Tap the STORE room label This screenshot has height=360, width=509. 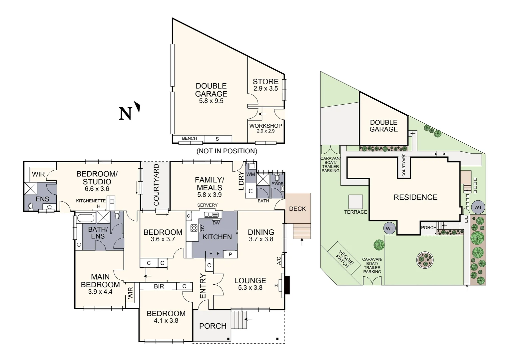(265, 82)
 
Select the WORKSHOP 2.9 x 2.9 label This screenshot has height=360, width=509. (265, 128)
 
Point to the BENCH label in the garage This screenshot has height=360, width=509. (189, 138)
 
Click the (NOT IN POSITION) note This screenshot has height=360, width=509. (227, 151)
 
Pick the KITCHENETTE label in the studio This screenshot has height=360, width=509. (91, 201)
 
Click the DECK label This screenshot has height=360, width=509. (297, 209)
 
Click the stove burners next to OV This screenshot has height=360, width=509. (194, 228)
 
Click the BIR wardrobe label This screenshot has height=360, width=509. (159, 286)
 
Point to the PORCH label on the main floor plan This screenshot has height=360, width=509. (213, 326)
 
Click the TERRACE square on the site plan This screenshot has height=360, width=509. (355, 202)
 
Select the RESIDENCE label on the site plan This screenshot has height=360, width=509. (415, 197)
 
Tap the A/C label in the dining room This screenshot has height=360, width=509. (279, 261)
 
